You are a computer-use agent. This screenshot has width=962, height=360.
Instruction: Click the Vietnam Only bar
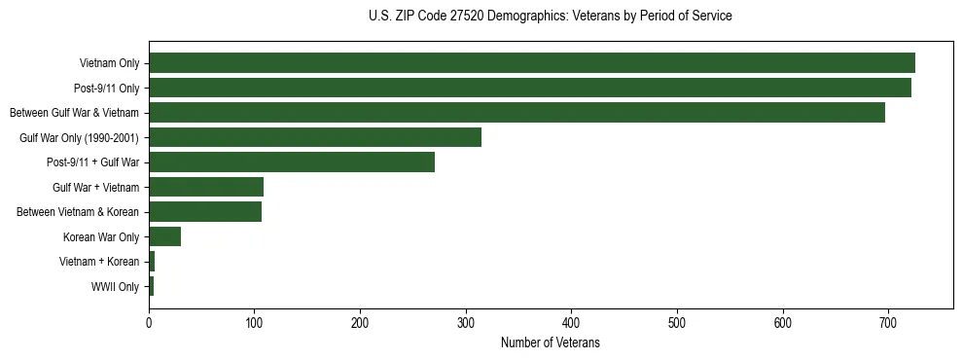click(x=531, y=63)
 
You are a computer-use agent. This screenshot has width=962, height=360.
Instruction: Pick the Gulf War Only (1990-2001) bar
click(x=315, y=137)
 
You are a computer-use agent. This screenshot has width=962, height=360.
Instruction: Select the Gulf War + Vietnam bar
click(x=206, y=187)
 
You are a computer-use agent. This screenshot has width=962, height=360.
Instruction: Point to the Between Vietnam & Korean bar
click(x=205, y=212)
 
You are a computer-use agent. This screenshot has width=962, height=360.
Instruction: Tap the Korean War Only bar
click(x=164, y=236)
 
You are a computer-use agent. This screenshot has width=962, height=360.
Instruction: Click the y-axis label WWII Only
click(x=115, y=287)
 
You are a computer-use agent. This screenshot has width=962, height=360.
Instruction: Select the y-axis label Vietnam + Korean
click(x=98, y=262)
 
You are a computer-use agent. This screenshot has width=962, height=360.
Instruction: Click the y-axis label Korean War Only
click(x=101, y=237)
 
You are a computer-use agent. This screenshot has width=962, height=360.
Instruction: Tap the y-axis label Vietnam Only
click(x=109, y=64)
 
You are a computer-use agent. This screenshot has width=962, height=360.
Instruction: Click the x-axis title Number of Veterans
click(x=550, y=343)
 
